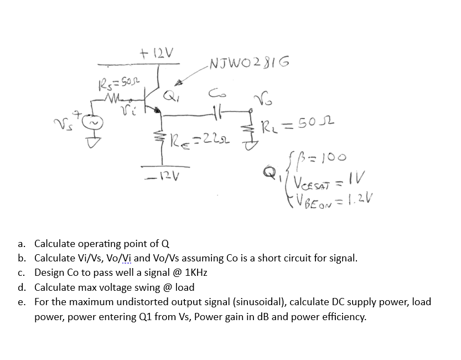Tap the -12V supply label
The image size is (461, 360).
point(157,176)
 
